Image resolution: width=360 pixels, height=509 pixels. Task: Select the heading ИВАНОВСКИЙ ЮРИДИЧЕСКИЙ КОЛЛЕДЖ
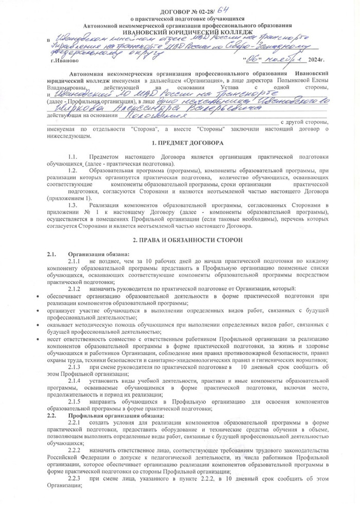(x=180, y=31)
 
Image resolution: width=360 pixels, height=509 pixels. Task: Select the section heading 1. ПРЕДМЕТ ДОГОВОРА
(x=188, y=142)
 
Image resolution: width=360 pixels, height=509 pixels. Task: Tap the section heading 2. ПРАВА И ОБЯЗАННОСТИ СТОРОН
(x=188, y=240)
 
